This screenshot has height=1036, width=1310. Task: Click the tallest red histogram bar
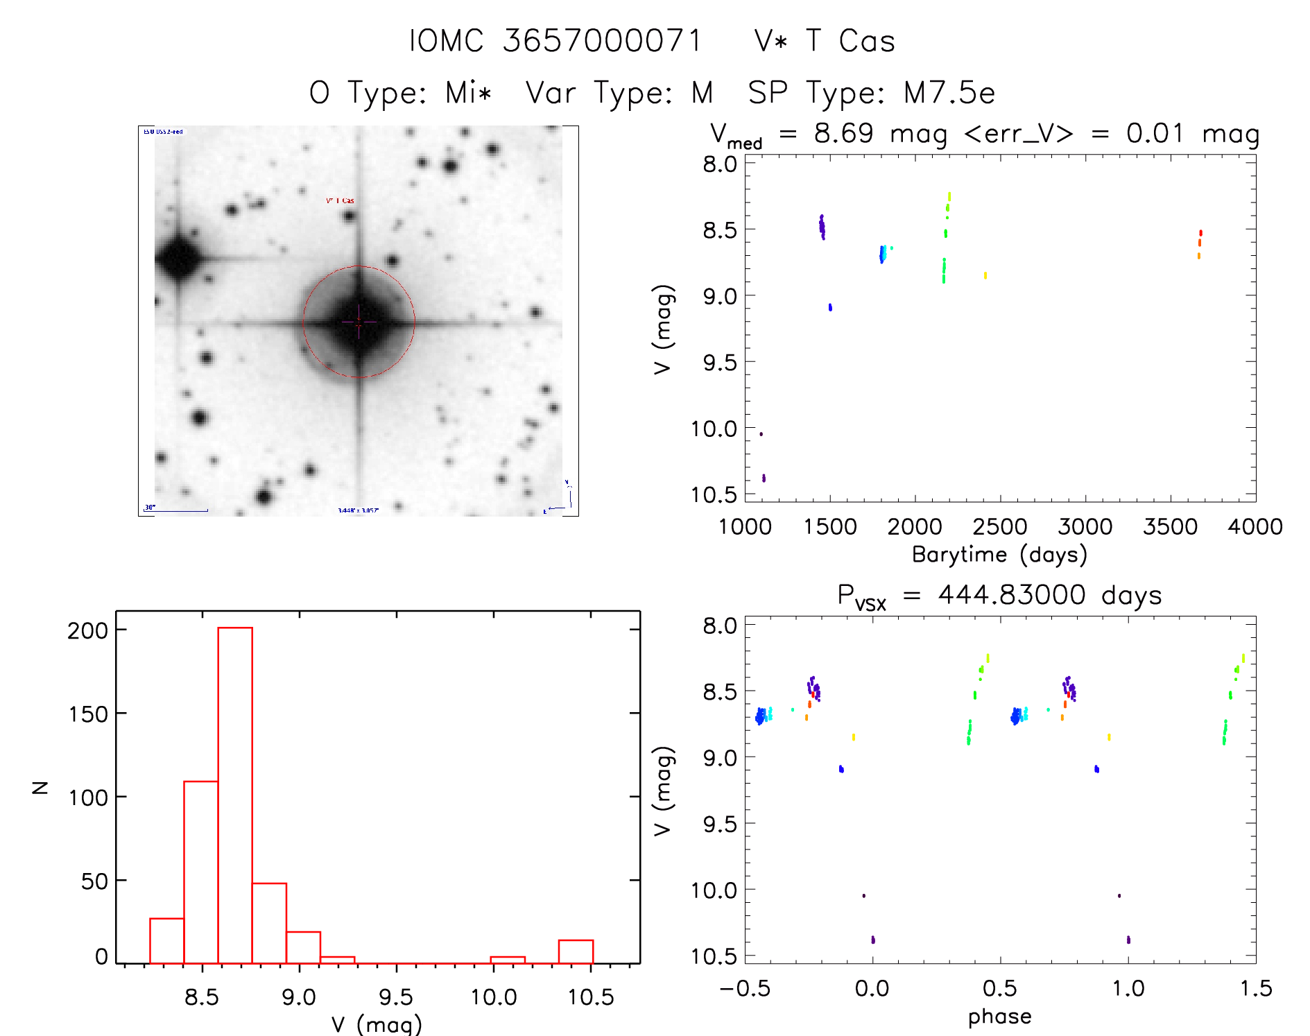(235, 795)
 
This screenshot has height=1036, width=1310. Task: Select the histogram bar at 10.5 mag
(576, 951)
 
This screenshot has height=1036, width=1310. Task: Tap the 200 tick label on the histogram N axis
(88, 630)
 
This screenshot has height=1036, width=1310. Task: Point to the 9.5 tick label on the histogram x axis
(396, 997)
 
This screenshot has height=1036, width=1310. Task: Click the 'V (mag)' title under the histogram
(376, 1024)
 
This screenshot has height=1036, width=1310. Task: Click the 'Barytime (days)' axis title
(999, 555)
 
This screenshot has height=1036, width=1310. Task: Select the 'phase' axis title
(999, 1017)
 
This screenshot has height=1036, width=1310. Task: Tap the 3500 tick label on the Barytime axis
(1170, 527)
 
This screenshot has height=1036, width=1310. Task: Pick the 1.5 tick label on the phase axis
(1256, 988)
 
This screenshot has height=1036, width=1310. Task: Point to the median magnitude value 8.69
(843, 133)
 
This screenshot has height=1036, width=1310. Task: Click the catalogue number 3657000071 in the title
(603, 41)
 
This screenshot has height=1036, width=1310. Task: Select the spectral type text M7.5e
(949, 93)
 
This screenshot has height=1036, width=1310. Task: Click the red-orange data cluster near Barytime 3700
(1200, 243)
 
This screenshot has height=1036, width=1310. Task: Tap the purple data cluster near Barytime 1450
(822, 227)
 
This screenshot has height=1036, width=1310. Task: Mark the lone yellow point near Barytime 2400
(985, 275)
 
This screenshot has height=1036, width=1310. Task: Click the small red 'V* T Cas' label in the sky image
(340, 201)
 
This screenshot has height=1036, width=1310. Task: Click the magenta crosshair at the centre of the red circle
(359, 322)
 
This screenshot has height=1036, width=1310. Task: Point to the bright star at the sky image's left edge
(178, 258)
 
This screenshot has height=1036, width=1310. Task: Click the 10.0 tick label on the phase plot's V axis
(714, 890)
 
